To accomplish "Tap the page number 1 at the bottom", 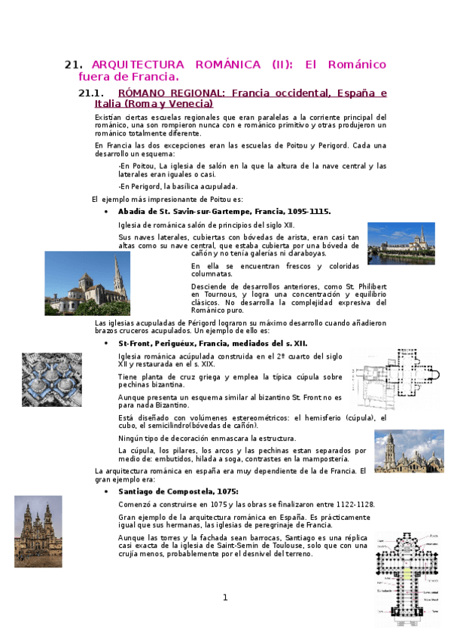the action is (224, 598).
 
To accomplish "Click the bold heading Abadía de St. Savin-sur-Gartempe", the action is (224, 212).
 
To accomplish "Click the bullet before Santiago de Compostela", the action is (111, 491).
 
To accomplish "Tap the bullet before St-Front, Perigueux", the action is (111, 344).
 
